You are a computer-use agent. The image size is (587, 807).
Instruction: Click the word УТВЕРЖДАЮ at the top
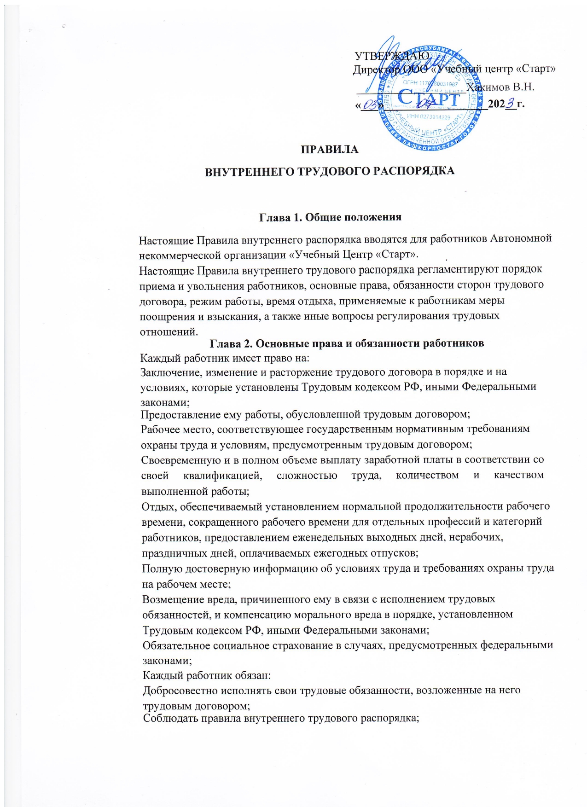(392, 56)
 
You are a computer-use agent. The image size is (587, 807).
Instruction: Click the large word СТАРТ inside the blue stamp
(428, 99)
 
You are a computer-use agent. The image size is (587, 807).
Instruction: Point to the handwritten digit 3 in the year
(510, 104)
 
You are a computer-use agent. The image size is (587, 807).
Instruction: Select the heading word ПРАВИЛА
(329, 150)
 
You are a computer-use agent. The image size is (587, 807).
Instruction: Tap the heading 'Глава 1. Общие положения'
(330, 217)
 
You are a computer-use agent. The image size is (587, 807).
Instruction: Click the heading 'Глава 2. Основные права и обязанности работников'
(347, 343)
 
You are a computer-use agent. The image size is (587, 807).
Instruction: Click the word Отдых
(158, 506)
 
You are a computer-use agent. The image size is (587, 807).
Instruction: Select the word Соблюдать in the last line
(169, 719)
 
